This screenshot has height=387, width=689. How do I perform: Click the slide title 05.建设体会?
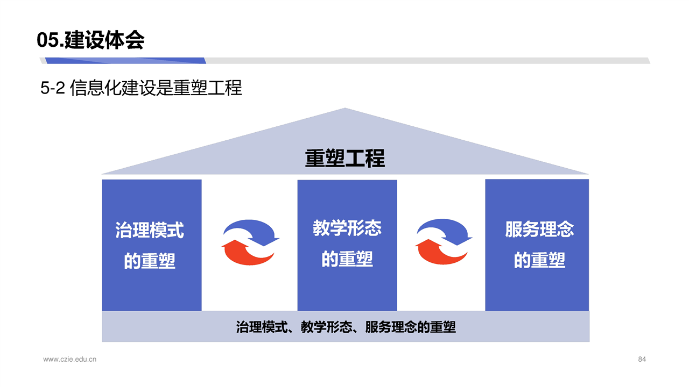point(90,40)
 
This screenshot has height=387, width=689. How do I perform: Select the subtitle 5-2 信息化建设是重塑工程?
point(141,88)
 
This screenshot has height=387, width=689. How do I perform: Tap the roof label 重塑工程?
point(345,158)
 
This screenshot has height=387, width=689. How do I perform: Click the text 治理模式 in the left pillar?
point(150,230)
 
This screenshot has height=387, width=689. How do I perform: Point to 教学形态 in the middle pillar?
point(347,228)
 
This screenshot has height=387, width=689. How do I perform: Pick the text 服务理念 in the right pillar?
point(539,229)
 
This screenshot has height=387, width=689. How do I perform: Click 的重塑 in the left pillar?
point(150,261)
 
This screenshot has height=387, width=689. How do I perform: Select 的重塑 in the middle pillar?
point(347,259)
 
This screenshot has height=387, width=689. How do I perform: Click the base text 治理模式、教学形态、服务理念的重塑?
point(346,327)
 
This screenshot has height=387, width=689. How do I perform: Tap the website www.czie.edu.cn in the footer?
point(70,360)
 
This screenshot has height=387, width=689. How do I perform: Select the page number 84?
point(642,360)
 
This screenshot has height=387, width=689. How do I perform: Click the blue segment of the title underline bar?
point(125,61)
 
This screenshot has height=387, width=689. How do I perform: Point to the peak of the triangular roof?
point(345,108)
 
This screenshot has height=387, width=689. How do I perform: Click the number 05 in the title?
point(48,40)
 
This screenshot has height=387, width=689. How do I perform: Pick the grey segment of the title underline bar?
point(427,61)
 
